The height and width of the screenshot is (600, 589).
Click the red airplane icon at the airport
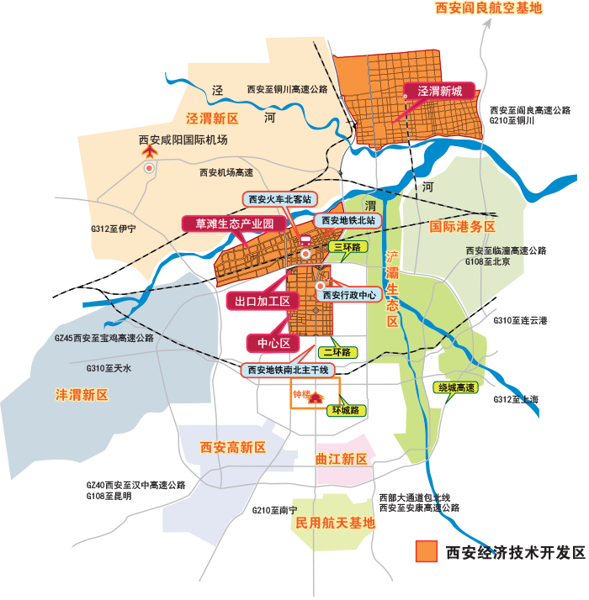[x=150, y=152]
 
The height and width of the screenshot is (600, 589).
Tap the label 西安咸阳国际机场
[x=183, y=140]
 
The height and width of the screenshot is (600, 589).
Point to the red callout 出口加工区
[x=262, y=301]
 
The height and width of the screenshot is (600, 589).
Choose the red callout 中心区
[x=273, y=343]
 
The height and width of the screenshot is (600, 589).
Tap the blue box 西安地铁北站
[x=348, y=220]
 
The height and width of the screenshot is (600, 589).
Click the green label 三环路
[x=346, y=247]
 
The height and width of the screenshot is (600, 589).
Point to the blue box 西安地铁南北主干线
[x=289, y=370]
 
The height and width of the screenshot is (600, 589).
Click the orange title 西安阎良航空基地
[x=488, y=8]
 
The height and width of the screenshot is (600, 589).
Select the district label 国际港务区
[x=463, y=227]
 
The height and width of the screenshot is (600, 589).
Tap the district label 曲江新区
[x=342, y=460]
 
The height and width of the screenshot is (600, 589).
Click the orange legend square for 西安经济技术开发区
[x=426, y=551]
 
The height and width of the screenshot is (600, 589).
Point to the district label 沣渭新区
[x=82, y=394]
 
